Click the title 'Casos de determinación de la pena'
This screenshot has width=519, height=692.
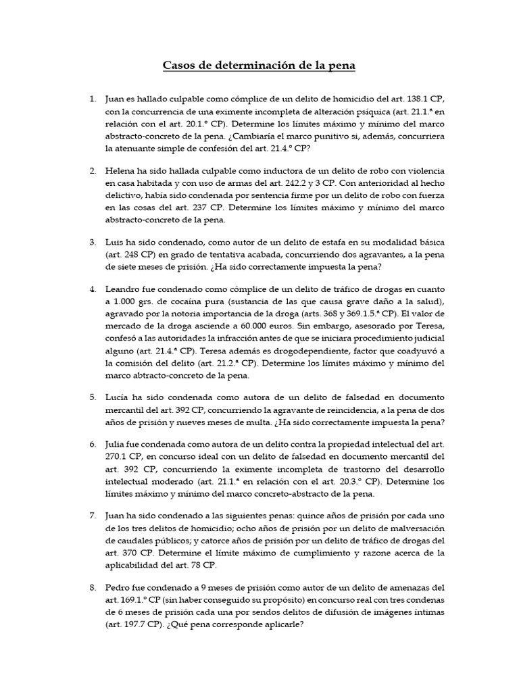click(x=259, y=66)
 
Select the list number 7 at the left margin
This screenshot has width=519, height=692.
click(x=93, y=516)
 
